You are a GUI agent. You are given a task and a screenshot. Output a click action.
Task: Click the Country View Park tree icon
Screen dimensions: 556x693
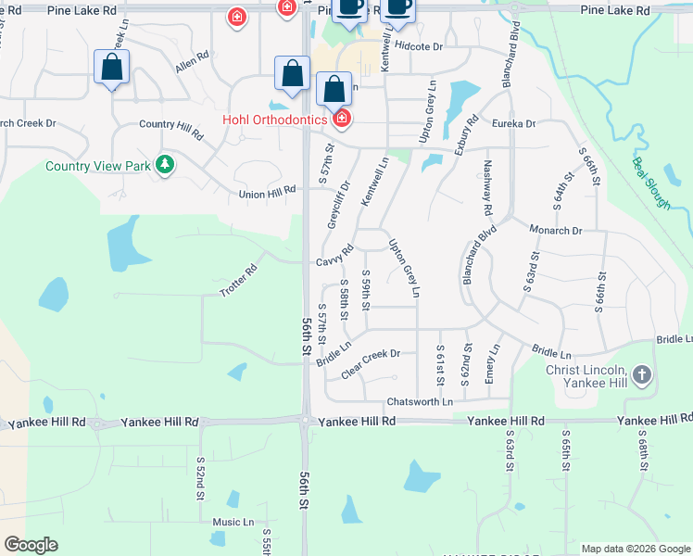(165, 165)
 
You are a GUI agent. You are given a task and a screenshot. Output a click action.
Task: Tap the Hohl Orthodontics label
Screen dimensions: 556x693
(273, 120)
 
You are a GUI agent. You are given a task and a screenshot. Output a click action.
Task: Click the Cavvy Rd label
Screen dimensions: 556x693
(334, 256)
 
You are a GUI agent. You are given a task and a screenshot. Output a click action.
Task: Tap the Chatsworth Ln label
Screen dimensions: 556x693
(420, 401)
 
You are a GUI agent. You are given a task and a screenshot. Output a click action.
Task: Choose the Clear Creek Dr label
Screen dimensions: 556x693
(370, 362)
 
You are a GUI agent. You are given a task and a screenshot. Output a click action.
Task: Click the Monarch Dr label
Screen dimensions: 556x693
(555, 230)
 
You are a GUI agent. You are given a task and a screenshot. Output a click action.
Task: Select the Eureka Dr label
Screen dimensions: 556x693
(514, 123)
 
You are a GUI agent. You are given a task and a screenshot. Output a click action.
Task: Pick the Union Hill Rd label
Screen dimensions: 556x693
(267, 191)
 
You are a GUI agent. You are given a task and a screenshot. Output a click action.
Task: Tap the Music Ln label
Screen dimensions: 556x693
(233, 522)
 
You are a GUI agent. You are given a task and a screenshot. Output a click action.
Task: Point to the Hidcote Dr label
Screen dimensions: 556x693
(418, 45)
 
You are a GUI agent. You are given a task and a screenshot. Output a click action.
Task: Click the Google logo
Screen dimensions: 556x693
(31, 545)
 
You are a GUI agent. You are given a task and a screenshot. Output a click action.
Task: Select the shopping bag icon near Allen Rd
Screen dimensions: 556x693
(111, 68)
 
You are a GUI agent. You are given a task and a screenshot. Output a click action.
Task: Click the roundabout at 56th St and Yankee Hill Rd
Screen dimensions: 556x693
(306, 421)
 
